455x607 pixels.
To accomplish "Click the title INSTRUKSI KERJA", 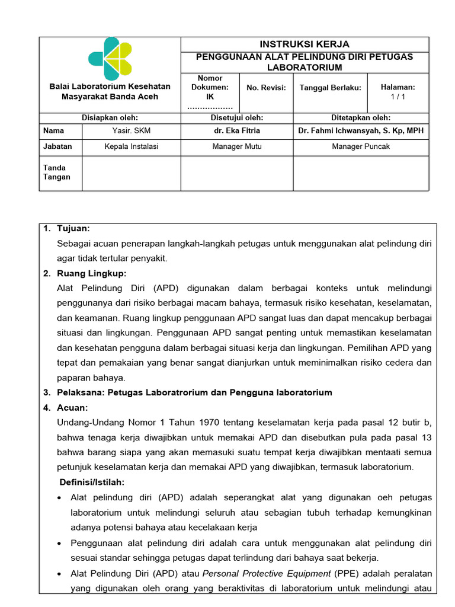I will [x=305, y=44].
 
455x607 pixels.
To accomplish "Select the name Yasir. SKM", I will [x=131, y=130].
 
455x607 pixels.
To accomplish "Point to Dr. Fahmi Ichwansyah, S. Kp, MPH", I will [x=361, y=130].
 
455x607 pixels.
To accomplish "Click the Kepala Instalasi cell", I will [x=131, y=146].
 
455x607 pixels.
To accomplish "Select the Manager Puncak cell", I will [x=361, y=146].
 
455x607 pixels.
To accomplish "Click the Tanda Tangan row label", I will [x=56, y=172].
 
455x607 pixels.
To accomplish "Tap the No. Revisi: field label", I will [x=266, y=88].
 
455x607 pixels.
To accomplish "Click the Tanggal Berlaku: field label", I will [x=330, y=88].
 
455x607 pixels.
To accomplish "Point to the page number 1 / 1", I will [x=398, y=96].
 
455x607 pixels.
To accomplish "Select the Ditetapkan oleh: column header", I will [x=361, y=118].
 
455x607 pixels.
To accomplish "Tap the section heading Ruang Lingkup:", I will [x=92, y=273].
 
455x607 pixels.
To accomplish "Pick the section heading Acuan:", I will [x=72, y=408].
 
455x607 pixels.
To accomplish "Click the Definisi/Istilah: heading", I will [x=91, y=483].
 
